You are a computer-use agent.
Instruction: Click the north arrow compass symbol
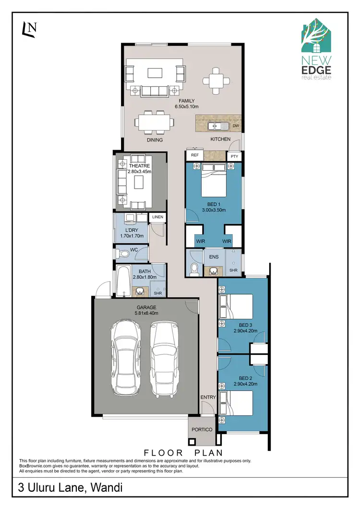pyautogui.click(x=29, y=30)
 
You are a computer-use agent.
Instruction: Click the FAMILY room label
pyautogui.click(x=187, y=101)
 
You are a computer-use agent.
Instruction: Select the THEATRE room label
pyautogui.click(x=139, y=166)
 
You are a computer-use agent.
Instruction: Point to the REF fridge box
pyautogui.click(x=195, y=155)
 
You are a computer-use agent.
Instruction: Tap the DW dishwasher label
pyautogui.click(x=235, y=126)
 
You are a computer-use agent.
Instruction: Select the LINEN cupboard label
pyautogui.click(x=157, y=217)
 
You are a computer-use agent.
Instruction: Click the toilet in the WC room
pyautogui.click(x=123, y=253)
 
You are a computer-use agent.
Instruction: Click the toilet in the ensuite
pyautogui.click(x=194, y=270)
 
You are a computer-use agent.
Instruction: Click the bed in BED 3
pyautogui.click(x=236, y=304)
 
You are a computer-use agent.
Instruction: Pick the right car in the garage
pyautogui.click(x=164, y=357)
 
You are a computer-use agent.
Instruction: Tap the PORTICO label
pyautogui.click(x=202, y=429)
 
